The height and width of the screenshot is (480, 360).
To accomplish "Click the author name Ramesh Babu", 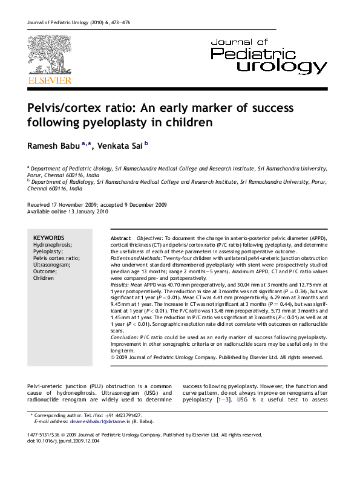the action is [x=55, y=145].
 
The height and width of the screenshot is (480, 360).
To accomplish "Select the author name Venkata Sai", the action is [x=119, y=145].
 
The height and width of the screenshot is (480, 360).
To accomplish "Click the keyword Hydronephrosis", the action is [x=52, y=245].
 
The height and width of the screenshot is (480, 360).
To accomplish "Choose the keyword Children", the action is [x=44, y=278].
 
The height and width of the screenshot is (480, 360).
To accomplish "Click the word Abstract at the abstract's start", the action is [x=121, y=239].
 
